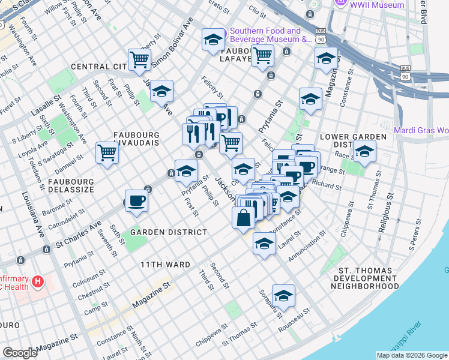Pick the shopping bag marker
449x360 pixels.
click(244, 218)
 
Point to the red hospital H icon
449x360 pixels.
click(38, 280)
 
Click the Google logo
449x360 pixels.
click(20, 352)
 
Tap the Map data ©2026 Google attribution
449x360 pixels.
click(412, 355)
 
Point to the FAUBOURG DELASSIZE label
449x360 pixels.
click(64, 185)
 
